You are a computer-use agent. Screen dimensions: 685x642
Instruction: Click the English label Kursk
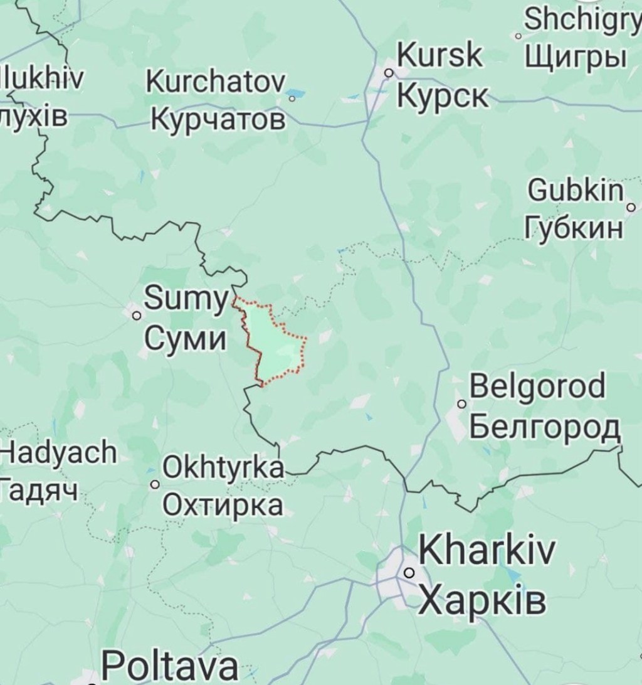(x=441, y=57)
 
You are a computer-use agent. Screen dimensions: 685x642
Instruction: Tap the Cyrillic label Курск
(x=442, y=96)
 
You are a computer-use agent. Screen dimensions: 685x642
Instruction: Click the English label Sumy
(x=185, y=300)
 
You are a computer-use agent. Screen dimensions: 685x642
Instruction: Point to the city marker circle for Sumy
(x=136, y=316)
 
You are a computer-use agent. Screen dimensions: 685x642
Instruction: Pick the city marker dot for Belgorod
(x=462, y=404)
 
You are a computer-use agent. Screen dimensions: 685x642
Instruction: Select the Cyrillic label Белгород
(x=544, y=428)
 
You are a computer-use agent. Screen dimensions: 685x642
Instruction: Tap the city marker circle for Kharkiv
(x=409, y=572)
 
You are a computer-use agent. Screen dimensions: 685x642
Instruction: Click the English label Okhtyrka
(x=223, y=467)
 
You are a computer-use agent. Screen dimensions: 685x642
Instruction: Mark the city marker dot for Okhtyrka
(x=155, y=484)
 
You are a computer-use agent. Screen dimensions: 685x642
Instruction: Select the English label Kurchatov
(x=216, y=82)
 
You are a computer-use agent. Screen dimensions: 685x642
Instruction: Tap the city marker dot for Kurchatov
(x=292, y=98)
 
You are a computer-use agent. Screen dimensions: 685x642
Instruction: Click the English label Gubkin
(x=577, y=191)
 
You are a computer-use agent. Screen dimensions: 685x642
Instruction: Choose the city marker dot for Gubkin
(x=631, y=206)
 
